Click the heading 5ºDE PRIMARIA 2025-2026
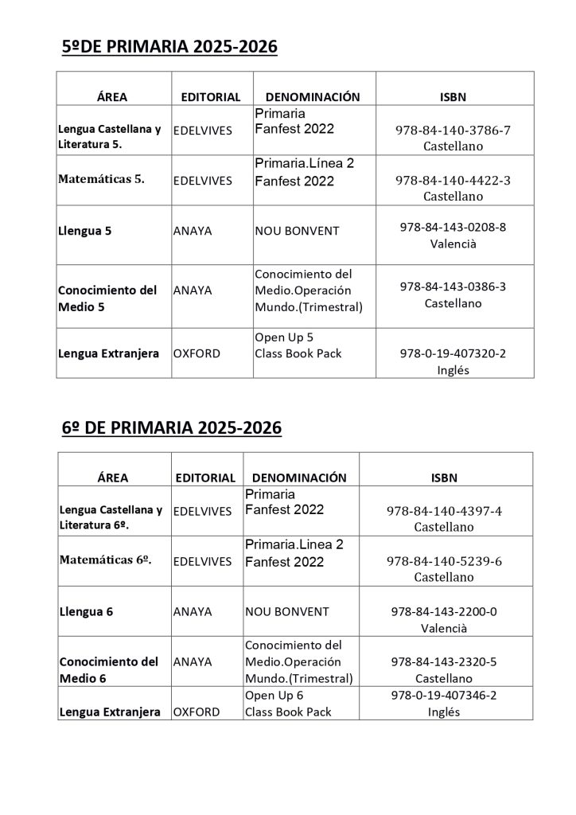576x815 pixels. coord(169,48)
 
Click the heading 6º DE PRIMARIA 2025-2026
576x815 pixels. coord(172,428)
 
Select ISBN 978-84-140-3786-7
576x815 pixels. coord(453,131)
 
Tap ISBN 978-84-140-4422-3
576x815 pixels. coord(453,181)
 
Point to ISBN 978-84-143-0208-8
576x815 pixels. coord(453,227)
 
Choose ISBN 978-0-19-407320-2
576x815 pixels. coord(453,353)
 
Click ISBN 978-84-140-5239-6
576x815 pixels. coord(444,561)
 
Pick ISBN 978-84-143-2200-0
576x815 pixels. coord(444,611)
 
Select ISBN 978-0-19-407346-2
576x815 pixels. coord(444,696)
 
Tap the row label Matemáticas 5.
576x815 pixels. coord(101,180)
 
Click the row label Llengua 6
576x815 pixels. coord(86,612)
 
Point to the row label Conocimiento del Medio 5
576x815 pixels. coord(107,298)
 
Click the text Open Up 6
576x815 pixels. coord(274,696)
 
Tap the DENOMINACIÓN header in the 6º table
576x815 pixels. coord(299,478)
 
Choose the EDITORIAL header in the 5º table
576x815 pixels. coord(211,97)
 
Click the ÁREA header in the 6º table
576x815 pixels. coord(112,478)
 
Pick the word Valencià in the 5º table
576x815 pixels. coord(453,244)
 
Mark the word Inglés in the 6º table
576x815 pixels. coord(444,712)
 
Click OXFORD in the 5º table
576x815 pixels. coord(197,353)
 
